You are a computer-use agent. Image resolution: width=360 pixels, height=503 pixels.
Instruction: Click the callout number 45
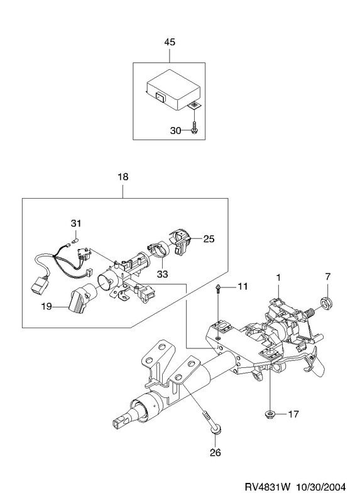[170, 42]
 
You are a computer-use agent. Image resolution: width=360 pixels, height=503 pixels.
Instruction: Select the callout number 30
[176, 131]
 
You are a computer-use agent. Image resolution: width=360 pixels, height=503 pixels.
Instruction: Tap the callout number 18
[123, 177]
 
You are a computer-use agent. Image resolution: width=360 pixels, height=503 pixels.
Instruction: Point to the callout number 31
[76, 223]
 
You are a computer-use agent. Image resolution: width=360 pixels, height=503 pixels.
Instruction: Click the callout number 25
[209, 239]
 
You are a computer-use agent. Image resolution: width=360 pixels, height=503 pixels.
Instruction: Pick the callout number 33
[162, 274]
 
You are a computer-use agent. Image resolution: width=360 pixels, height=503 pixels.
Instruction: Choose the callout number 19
[46, 307]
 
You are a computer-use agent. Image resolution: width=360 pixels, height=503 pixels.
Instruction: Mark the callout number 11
[243, 286]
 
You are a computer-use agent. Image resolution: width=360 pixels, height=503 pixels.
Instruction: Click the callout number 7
[327, 276]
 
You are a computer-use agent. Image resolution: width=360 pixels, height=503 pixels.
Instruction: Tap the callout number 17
[293, 414]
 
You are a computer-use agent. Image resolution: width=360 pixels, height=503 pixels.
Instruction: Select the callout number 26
[215, 453]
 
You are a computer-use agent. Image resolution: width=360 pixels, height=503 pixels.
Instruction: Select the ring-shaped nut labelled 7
[327, 302]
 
